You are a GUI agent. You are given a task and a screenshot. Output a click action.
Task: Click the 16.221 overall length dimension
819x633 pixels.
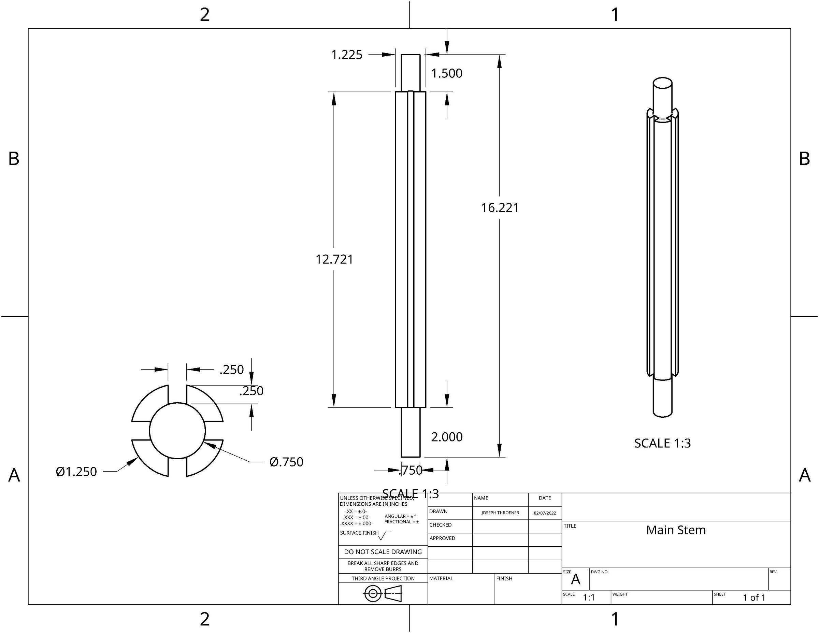click(x=500, y=208)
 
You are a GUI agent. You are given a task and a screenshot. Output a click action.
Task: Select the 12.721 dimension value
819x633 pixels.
click(x=334, y=259)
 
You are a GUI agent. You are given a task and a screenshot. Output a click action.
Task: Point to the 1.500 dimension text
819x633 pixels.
click(x=446, y=73)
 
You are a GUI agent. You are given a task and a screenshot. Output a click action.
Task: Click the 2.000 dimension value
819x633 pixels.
click(x=446, y=437)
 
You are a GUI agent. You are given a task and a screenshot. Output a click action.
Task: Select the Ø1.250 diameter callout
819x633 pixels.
click(x=76, y=472)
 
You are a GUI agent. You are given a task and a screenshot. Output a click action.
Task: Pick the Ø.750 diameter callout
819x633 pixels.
click(x=286, y=462)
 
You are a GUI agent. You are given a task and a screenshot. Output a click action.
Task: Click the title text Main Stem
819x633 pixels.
click(x=676, y=530)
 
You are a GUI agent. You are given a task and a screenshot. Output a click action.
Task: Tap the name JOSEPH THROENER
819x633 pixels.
click(x=500, y=513)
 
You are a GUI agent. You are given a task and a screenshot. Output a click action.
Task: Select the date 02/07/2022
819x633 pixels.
click(x=545, y=513)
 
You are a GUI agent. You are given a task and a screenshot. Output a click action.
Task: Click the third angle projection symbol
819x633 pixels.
click(x=383, y=593)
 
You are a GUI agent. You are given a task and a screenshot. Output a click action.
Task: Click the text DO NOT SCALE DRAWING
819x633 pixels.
click(x=383, y=552)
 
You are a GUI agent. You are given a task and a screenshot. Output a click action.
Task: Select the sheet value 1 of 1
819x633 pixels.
click(x=754, y=598)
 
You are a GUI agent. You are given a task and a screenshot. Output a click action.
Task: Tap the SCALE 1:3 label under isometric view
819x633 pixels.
click(x=662, y=443)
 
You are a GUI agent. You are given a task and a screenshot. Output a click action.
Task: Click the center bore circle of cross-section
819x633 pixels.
click(x=177, y=431)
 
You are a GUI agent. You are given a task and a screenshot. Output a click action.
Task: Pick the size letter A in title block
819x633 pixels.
click(x=575, y=580)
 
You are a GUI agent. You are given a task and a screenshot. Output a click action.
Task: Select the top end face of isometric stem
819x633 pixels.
click(x=662, y=83)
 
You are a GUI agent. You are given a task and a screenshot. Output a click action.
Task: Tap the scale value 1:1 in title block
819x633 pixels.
click(x=589, y=598)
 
